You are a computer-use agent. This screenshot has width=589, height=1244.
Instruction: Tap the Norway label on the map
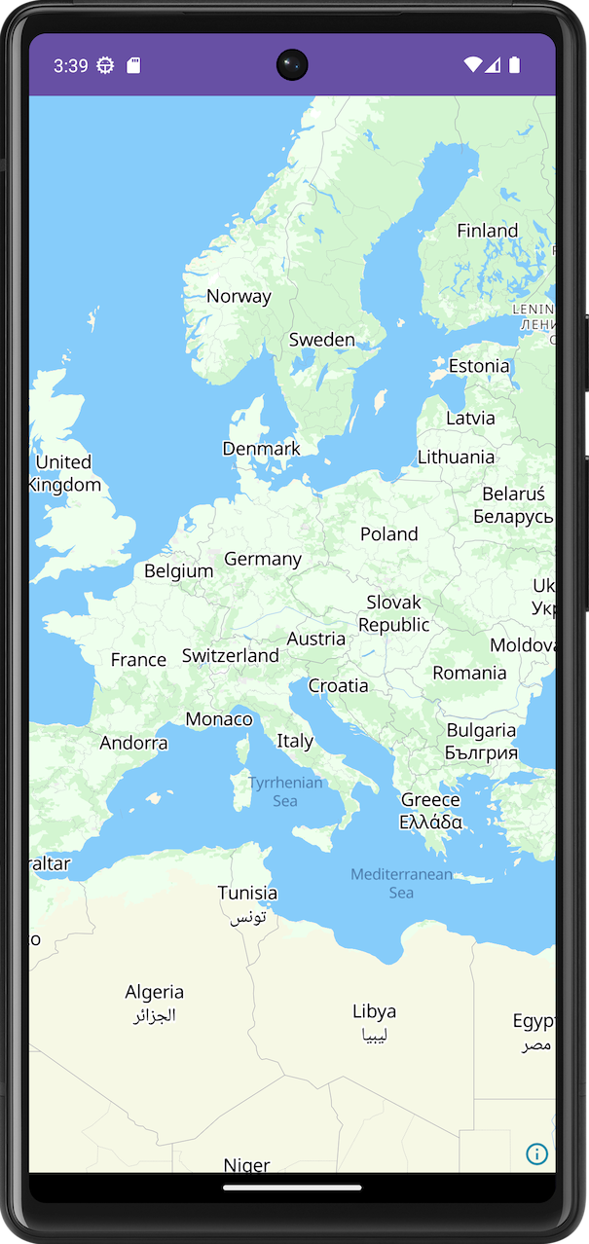239,296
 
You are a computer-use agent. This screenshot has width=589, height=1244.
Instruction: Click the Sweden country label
322,340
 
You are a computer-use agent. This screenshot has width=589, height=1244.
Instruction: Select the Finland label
488,231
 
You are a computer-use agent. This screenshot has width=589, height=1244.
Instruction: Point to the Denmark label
261,449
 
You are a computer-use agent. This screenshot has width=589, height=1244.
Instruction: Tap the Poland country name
389,534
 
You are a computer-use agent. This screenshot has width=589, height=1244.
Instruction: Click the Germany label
263,559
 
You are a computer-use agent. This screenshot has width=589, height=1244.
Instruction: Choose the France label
138,660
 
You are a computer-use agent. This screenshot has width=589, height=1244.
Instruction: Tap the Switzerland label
231,656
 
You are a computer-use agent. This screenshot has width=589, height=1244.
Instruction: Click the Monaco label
219,719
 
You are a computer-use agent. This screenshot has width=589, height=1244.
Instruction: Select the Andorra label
133,743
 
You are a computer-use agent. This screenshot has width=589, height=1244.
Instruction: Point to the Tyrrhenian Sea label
284,791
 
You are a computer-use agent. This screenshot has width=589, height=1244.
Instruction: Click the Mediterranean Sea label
401,883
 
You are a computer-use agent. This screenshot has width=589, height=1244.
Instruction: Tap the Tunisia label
247,894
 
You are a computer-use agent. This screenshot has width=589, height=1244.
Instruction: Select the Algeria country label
154,993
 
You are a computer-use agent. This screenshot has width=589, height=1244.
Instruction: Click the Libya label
374,1011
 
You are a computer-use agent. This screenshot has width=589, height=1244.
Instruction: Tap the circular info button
536,1153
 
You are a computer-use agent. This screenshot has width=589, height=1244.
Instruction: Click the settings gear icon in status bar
105,65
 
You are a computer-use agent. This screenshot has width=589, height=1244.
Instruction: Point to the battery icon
515,65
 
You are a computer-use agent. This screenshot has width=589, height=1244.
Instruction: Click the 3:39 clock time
70,65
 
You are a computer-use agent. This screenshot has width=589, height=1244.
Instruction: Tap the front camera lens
292,65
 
